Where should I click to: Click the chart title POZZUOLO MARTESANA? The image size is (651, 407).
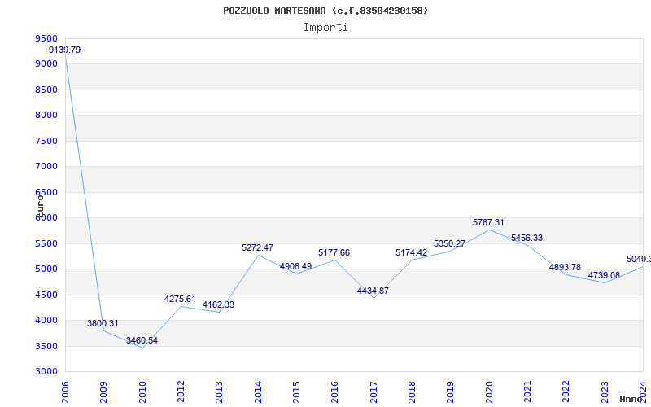(325, 11)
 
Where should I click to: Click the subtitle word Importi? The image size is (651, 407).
(325, 27)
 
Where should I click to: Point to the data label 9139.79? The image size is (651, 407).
(65, 50)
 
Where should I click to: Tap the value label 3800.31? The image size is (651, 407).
(103, 323)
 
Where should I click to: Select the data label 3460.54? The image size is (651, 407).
(142, 340)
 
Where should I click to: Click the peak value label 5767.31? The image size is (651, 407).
(489, 222)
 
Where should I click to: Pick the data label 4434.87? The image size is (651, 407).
(374, 291)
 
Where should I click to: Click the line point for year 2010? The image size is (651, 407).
(142, 348)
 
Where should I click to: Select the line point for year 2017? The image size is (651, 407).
(374, 298)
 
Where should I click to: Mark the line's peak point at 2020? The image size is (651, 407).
(489, 230)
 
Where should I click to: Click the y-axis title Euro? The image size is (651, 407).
(39, 204)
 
